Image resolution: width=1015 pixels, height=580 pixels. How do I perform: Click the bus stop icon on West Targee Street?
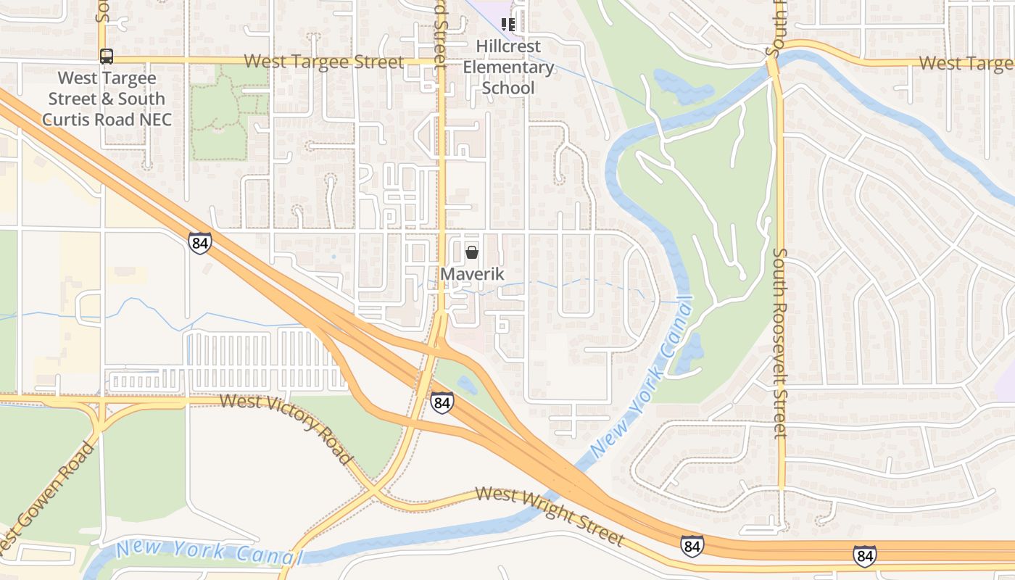pos(107,56)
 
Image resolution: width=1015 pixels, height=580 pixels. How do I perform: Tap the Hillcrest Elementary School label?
pos(508,67)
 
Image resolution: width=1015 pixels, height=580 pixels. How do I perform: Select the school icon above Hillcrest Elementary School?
pos(508,25)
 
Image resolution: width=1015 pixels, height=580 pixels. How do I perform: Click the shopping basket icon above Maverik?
pos(472,252)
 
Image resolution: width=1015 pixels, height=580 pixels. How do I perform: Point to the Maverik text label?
pos(472,274)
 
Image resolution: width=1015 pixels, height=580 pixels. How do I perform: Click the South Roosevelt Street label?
pos(779,343)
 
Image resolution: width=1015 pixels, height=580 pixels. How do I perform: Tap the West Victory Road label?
pos(286,428)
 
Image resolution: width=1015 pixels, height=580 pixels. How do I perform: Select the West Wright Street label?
pos(550,515)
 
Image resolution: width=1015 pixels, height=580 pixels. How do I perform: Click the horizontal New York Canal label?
pos(209,552)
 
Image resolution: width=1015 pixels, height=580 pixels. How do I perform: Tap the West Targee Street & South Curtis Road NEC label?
pos(107,99)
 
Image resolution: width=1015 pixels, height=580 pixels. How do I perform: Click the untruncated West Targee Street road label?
pos(323,62)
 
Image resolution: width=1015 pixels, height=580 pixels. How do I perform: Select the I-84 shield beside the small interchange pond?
pos(442,402)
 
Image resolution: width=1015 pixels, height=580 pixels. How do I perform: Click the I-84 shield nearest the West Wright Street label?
pos(692,545)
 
